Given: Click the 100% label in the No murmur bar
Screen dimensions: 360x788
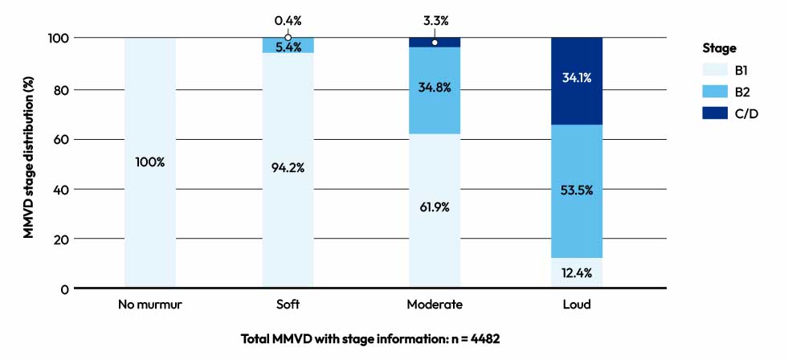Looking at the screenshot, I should (x=150, y=162).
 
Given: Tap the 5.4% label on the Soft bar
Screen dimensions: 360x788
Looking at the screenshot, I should (x=288, y=47).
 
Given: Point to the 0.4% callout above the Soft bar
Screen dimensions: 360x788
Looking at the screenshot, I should (x=288, y=19).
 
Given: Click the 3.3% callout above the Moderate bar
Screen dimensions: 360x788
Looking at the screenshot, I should (x=435, y=19).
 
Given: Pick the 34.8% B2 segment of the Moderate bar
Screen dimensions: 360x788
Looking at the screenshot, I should (x=435, y=88).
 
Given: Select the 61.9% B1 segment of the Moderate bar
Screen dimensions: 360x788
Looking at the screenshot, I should (x=435, y=207).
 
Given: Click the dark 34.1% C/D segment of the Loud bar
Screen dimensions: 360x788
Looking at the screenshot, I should (x=577, y=79).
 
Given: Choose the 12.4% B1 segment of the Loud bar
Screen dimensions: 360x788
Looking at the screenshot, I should (x=577, y=273).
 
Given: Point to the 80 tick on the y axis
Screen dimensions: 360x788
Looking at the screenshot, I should (x=60, y=89).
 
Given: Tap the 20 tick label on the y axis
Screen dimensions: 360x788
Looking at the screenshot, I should (x=60, y=239).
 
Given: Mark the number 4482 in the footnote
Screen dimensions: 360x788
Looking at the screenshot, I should (x=484, y=338).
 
